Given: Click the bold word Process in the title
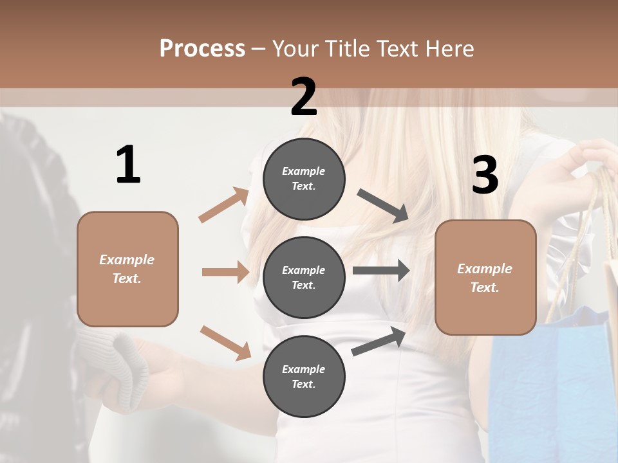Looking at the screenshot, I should [202, 49].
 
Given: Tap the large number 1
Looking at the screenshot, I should [128, 165].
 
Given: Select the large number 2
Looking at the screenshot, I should [304, 97].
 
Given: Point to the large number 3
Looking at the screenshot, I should [485, 176].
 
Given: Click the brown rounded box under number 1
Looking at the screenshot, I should [127, 269].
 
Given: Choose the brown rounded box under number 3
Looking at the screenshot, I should [485, 277].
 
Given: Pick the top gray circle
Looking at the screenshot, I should [304, 179].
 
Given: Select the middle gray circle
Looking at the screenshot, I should [304, 277].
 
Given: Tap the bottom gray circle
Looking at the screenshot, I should [304, 376].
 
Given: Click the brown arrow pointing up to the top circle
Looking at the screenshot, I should [224, 205].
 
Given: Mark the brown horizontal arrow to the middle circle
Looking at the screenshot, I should [225, 272].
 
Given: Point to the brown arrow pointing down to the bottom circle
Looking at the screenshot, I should [225, 342].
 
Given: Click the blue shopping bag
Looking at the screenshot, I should [554, 386].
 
